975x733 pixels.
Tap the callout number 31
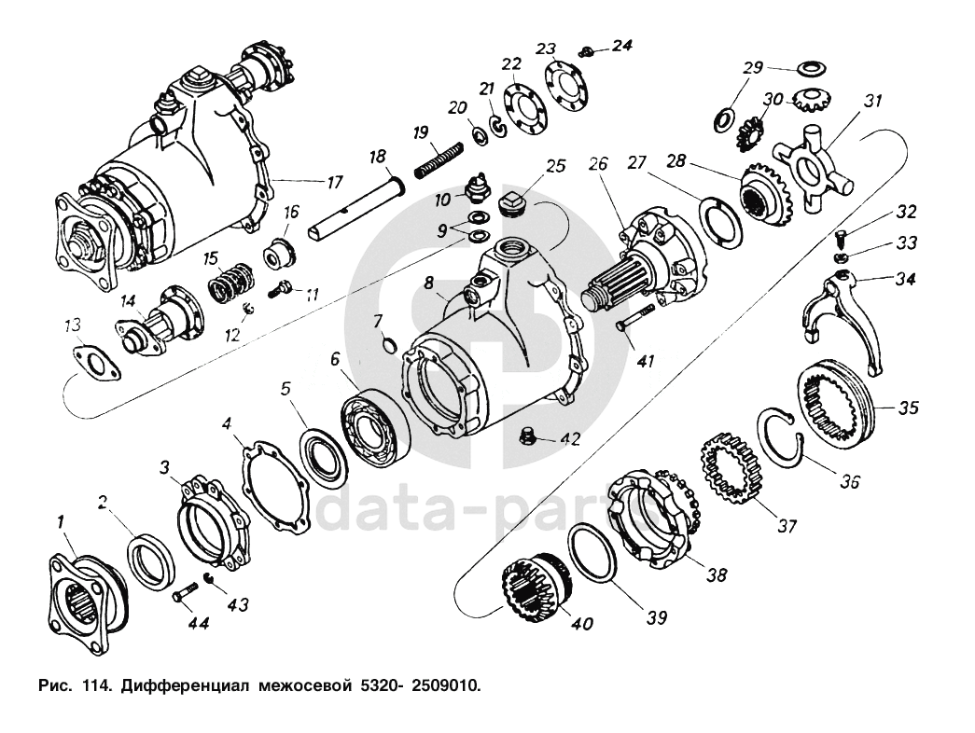tap(872, 101)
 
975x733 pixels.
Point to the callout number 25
tap(556, 167)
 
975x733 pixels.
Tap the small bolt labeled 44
tap(184, 594)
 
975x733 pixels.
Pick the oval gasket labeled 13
tap(93, 363)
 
